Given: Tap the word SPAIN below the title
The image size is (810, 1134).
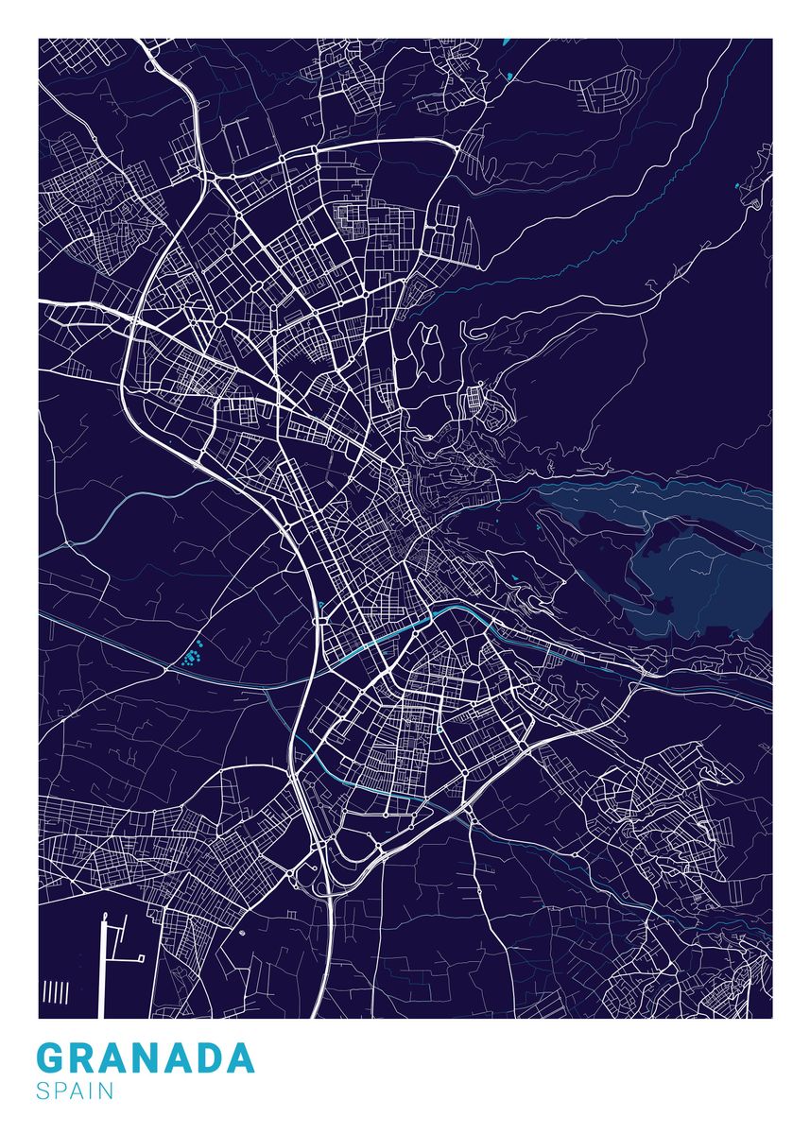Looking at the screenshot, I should click(75, 1091).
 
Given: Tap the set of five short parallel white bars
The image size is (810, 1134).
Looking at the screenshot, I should click(56, 991).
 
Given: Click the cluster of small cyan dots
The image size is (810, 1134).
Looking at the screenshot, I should click(196, 652).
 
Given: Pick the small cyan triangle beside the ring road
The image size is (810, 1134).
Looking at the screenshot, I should click(322, 605).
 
